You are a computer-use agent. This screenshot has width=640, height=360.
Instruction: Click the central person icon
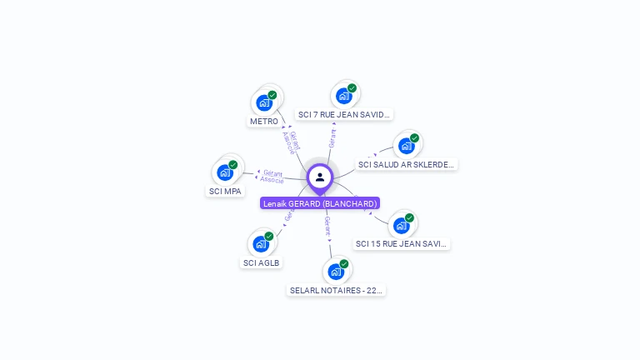(320, 177)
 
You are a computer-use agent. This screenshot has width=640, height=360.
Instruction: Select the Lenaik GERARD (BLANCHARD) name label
(320, 203)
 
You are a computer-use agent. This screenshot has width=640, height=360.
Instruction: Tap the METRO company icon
(264, 103)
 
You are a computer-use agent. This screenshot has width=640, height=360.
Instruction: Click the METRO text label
(264, 122)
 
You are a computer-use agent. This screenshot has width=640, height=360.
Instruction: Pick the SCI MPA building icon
(225, 172)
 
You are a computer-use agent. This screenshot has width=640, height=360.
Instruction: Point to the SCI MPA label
(225, 192)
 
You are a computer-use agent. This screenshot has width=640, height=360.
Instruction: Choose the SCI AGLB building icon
(261, 244)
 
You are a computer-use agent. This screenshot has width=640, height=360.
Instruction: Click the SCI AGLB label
(262, 263)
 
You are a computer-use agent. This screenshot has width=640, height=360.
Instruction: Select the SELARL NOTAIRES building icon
(336, 272)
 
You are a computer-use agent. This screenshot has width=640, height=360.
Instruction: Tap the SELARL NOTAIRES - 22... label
(337, 291)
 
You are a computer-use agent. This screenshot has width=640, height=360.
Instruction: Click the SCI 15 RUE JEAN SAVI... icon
(402, 225)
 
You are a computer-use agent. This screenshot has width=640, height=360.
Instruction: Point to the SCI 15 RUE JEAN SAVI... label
(402, 244)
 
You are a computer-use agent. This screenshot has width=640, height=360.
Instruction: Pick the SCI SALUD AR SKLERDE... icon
(407, 146)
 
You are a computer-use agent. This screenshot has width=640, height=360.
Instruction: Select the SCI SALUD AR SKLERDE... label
(407, 165)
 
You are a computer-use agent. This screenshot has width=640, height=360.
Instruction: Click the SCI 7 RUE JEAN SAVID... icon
(344, 96)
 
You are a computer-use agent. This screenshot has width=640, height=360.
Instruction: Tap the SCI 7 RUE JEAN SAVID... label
(344, 115)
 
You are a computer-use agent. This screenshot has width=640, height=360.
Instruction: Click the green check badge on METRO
(272, 95)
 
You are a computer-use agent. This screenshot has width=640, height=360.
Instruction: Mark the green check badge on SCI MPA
(233, 164)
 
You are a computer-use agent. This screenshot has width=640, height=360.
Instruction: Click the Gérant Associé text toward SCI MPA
(272, 177)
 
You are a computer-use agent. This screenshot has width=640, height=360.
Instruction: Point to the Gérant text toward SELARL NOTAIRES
(328, 226)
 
